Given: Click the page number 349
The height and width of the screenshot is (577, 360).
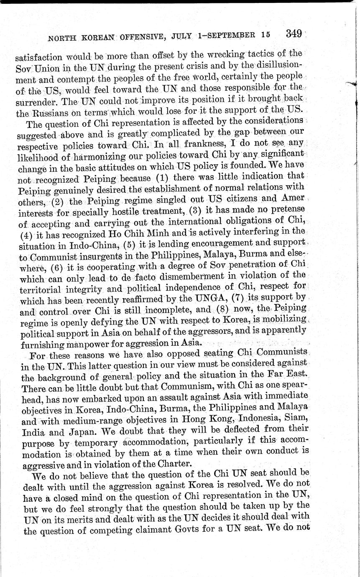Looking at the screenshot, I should pyautogui.click(x=294, y=34).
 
